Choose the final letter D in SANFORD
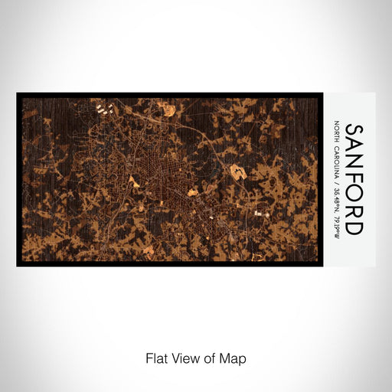354,227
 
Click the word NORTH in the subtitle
337,133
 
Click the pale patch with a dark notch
239,173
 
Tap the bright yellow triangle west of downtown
157,182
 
